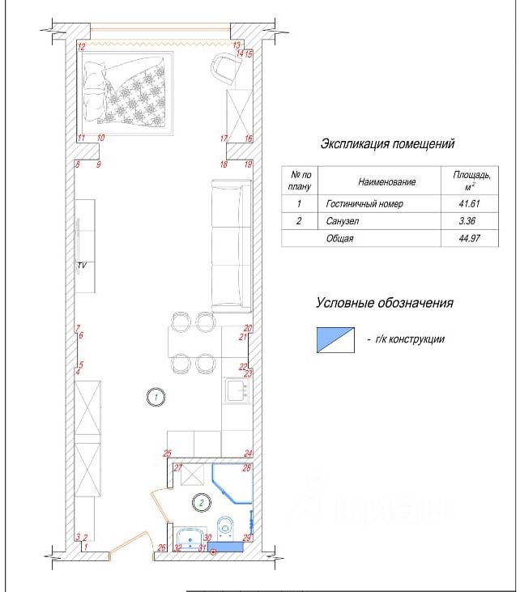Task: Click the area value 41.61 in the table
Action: (x=469, y=204)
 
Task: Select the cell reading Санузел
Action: (x=342, y=221)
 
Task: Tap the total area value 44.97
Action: (x=469, y=238)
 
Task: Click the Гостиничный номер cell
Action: (x=364, y=204)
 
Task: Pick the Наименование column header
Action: (x=386, y=182)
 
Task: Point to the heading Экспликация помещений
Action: (x=387, y=144)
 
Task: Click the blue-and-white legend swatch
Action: (x=335, y=340)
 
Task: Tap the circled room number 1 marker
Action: (x=156, y=397)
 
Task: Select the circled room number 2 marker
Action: (x=202, y=503)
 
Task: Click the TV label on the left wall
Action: (x=82, y=266)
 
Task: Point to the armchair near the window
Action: (x=226, y=68)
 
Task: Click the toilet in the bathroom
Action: (x=226, y=527)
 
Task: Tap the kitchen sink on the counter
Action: (x=237, y=390)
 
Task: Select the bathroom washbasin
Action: (x=190, y=539)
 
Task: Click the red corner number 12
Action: (x=82, y=47)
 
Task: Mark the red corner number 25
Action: (x=168, y=454)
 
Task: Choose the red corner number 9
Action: (x=99, y=164)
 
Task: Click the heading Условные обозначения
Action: (x=385, y=303)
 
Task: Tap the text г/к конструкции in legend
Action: (x=410, y=339)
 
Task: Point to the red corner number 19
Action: (x=248, y=164)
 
